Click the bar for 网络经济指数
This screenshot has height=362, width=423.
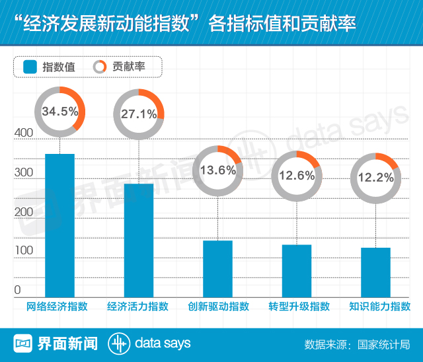(x=59, y=225)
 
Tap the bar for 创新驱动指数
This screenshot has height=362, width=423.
(x=217, y=268)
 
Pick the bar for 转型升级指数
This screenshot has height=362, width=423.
(x=297, y=270)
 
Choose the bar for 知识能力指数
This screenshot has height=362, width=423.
(x=375, y=271)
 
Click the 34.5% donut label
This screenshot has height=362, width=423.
(x=59, y=112)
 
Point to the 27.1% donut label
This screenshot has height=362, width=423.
(x=139, y=114)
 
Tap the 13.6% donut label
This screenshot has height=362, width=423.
(x=217, y=170)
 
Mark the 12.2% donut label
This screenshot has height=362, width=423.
(x=375, y=177)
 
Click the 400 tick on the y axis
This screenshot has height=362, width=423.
(x=23, y=133)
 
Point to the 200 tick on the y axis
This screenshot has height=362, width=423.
(x=23, y=212)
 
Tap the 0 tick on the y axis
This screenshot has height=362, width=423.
(x=18, y=290)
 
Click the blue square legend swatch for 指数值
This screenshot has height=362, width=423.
(x=29, y=67)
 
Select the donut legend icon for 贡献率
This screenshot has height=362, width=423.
(x=100, y=67)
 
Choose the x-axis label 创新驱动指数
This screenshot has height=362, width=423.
(x=218, y=307)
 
